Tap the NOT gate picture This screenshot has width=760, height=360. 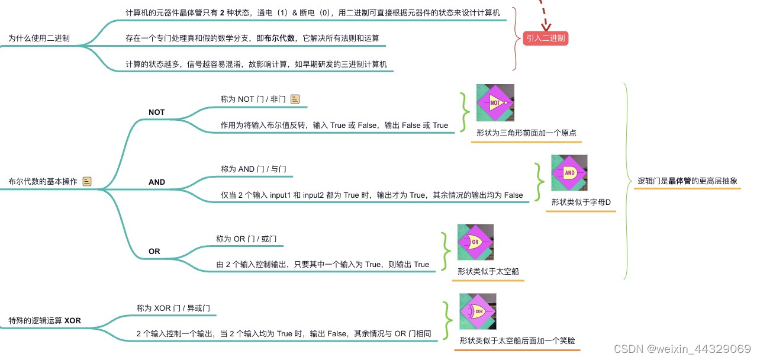(x=495, y=102)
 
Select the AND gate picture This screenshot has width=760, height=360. (x=569, y=173)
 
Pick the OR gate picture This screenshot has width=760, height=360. (x=475, y=242)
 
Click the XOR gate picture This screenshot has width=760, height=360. (x=477, y=311)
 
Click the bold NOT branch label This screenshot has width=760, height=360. (x=157, y=112)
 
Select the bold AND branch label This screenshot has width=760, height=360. (x=157, y=182)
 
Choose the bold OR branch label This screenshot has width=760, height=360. (x=154, y=252)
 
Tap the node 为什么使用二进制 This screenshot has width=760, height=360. (x=39, y=38)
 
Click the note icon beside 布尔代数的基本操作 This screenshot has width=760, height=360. (x=87, y=182)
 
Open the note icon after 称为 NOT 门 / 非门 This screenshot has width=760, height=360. (x=295, y=99)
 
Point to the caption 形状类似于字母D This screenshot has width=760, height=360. (x=581, y=202)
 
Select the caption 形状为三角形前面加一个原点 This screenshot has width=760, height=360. (x=526, y=133)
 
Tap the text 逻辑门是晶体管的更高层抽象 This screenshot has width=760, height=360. (x=687, y=181)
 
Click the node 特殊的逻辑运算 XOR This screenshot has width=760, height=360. (x=44, y=321)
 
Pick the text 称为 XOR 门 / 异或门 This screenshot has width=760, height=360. (x=173, y=308)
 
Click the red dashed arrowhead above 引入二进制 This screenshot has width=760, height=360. (x=545, y=25)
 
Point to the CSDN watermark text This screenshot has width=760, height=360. (x=682, y=348)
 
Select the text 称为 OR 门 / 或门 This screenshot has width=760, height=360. (x=246, y=239)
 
